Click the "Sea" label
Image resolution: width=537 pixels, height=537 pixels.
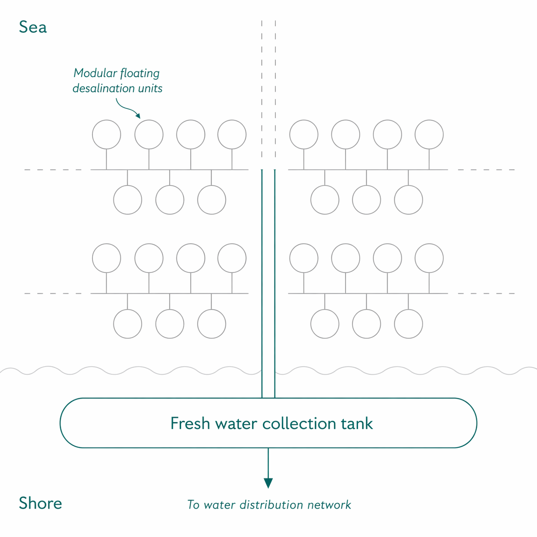(x=33, y=27)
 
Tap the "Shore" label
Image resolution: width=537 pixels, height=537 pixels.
(x=40, y=503)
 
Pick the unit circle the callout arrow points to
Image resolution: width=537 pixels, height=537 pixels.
(x=149, y=134)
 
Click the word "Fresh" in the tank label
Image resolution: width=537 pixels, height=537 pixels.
(x=190, y=424)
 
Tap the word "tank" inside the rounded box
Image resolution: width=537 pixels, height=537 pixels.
(x=357, y=424)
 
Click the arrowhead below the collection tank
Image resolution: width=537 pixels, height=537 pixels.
(x=268, y=483)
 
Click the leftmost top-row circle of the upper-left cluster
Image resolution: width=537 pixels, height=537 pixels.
(x=106, y=134)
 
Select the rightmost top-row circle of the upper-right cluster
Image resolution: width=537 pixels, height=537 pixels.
(x=429, y=134)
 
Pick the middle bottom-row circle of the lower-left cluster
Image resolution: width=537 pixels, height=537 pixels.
(x=170, y=324)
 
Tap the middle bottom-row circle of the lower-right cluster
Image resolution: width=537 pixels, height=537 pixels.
(x=366, y=324)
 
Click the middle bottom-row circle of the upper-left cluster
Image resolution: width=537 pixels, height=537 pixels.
(x=170, y=200)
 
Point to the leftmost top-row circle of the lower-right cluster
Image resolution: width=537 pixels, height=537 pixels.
(x=304, y=258)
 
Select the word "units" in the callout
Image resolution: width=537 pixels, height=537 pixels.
(x=150, y=89)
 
